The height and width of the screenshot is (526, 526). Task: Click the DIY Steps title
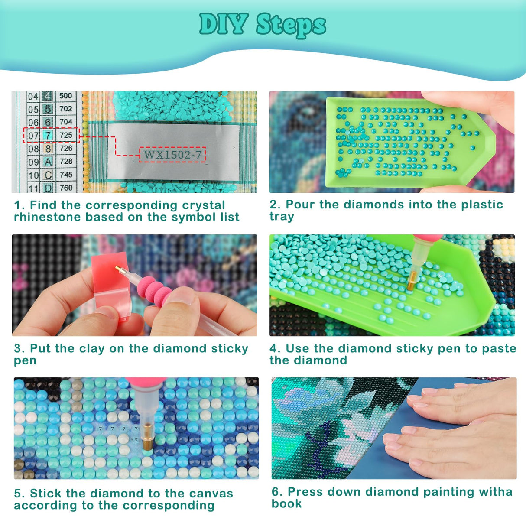263,24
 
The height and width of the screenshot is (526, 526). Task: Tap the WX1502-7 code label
172,155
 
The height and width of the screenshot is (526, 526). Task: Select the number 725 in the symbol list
66,135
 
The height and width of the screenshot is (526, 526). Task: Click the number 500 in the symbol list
66,96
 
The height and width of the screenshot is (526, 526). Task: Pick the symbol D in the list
48,188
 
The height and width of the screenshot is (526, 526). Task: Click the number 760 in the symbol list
66,188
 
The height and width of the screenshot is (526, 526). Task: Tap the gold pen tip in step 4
411,282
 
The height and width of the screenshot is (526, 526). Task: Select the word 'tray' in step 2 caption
282,216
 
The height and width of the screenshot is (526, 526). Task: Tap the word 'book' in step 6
287,504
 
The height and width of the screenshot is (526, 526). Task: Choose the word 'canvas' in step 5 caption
211,494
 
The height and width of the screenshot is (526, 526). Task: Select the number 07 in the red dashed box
33,135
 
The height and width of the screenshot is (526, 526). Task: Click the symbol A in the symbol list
48,162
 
